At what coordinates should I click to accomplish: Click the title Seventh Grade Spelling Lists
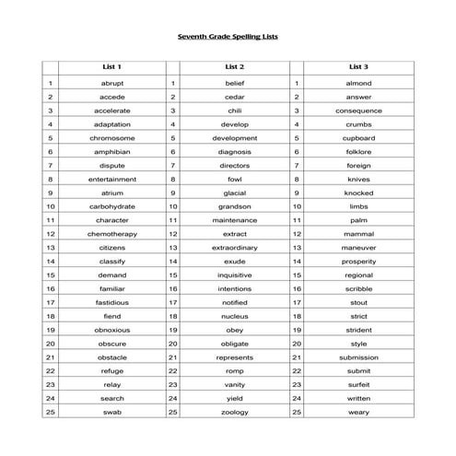[228, 38]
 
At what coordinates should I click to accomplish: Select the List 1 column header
[111, 67]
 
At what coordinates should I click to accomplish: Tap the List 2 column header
[235, 67]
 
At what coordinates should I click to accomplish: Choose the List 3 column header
[358, 67]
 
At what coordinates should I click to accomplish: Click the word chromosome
[111, 138]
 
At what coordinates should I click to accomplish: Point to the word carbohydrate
[111, 206]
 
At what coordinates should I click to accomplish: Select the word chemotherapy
[111, 234]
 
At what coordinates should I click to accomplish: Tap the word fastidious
[111, 302]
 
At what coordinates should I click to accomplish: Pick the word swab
[111, 412]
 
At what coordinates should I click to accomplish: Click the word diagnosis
[235, 152]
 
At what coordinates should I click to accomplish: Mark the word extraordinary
[235, 248]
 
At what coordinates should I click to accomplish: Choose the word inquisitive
[235, 275]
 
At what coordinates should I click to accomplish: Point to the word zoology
[235, 412]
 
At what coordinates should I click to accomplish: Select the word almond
[358, 83]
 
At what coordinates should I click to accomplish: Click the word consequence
[358, 111]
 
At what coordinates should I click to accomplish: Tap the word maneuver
[358, 248]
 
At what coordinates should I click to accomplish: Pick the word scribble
[358, 288]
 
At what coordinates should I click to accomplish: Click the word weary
[358, 412]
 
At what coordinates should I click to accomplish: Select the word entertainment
[111, 179]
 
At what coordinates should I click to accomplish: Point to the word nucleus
[235, 316]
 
